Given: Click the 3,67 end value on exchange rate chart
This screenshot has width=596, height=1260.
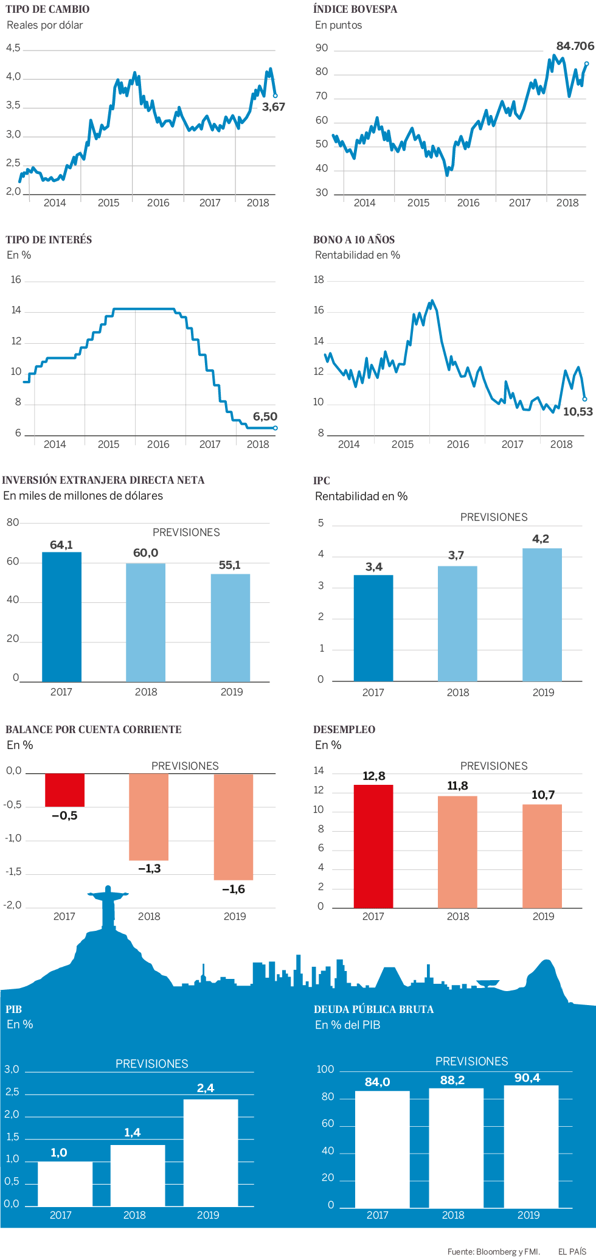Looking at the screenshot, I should (273, 107).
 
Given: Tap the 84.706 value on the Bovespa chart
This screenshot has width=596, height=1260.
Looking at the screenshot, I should (575, 46).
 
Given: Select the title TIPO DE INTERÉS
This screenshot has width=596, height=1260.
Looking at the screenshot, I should (49, 240).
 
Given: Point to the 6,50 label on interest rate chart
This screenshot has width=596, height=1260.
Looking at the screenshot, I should (265, 417).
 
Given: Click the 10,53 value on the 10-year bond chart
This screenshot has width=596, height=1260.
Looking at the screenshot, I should (577, 412).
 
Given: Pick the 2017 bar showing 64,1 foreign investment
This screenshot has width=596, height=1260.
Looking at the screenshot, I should (61, 617).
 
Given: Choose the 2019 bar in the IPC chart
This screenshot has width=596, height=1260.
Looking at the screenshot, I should (542, 614).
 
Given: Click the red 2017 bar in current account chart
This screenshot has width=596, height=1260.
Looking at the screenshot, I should (64, 790).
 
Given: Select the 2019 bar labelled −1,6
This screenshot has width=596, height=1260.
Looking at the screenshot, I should (234, 826).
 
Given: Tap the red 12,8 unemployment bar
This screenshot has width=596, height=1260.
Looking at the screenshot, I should (373, 846).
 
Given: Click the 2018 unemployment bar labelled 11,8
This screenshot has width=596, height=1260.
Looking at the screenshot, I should (457, 852).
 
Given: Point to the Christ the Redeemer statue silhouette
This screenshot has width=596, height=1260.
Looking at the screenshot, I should (108, 907).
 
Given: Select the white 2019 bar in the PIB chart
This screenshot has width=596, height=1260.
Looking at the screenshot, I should (210, 1152).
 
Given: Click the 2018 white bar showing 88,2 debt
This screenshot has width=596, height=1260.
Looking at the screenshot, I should (456, 1147).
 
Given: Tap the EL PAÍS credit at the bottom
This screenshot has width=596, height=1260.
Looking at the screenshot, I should (572, 1251).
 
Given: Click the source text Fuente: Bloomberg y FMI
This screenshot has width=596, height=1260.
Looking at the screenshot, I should (493, 1251).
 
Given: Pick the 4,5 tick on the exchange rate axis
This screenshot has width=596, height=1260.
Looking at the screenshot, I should (13, 48).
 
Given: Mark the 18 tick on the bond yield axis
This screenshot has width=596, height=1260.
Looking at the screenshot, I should (319, 280).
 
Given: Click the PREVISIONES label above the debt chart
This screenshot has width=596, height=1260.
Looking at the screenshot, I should (471, 1061).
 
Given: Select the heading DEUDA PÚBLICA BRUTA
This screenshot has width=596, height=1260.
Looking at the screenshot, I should (373, 1009).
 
